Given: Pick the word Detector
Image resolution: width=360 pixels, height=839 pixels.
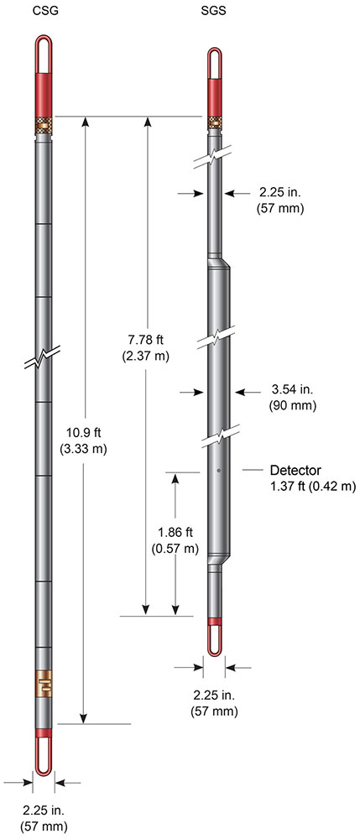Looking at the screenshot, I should click(295, 470).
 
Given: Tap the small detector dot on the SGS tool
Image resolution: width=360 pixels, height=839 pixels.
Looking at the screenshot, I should click(217, 471).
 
